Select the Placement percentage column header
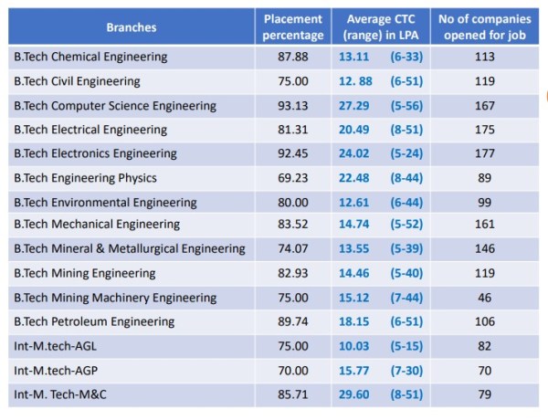tap(293, 27)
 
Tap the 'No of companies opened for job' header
tap(485, 27)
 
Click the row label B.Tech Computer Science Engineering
tap(115, 105)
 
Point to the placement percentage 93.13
tap(293, 105)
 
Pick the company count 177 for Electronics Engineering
tap(485, 152)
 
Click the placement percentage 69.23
tap(293, 177)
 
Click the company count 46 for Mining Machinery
tap(485, 297)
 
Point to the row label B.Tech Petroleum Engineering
tap(94, 320)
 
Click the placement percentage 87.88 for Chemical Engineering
tap(293, 57)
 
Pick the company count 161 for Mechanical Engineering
tap(485, 225)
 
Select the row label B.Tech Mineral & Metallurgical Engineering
tap(130, 248)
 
